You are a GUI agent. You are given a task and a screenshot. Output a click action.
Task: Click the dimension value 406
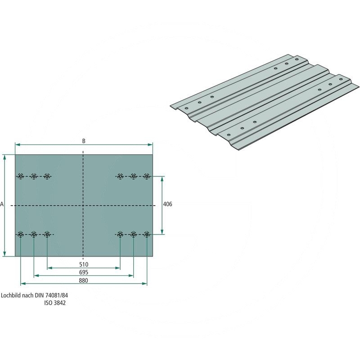167,204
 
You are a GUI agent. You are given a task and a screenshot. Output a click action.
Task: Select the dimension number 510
83,264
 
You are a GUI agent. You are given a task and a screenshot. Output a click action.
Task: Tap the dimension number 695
83,272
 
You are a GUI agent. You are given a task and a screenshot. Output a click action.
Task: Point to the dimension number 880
83,280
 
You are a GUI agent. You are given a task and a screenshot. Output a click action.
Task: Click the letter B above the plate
84,141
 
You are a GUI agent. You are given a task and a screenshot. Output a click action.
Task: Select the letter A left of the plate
2,204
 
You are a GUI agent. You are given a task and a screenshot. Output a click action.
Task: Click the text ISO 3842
55,303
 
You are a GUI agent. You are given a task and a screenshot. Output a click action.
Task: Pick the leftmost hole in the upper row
20,176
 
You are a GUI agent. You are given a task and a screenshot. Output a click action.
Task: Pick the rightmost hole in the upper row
147,176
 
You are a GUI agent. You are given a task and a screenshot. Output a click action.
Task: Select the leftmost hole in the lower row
20,234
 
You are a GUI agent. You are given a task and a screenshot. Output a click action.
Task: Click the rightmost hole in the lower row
147,234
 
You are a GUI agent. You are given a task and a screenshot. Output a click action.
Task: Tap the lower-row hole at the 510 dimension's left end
47,234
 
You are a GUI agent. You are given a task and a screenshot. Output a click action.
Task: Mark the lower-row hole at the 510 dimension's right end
120,234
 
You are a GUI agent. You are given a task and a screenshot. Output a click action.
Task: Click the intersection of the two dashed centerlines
83,205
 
